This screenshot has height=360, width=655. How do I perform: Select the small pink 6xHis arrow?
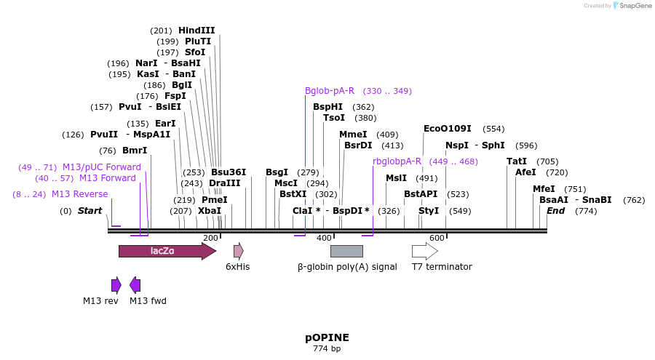[x=238, y=252]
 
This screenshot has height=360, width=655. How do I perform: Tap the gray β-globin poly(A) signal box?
[x=346, y=252]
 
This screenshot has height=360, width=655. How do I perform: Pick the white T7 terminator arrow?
[x=424, y=252]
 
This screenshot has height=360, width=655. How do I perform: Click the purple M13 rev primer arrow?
[x=116, y=285]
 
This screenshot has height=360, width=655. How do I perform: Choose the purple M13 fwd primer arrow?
[x=135, y=285]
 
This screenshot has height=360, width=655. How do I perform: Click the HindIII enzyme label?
[x=196, y=31]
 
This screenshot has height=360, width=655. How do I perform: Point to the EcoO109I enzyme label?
[x=448, y=129]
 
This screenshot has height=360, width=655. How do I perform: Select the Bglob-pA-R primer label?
[x=330, y=91]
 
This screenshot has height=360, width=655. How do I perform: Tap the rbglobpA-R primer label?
[x=397, y=161]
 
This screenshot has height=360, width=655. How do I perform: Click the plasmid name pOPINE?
[x=327, y=338]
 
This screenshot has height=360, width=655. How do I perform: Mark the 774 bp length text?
[x=327, y=349]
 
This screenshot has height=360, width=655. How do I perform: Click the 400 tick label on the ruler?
[x=324, y=238]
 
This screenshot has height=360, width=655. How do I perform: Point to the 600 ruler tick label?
[x=437, y=238]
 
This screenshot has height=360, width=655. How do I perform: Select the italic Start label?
[x=90, y=211]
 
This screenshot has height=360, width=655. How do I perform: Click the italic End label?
[x=556, y=211]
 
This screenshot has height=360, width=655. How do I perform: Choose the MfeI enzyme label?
[x=544, y=189]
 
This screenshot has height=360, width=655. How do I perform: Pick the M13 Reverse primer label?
[x=79, y=194]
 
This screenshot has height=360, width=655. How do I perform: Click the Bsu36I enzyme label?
[x=229, y=172]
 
